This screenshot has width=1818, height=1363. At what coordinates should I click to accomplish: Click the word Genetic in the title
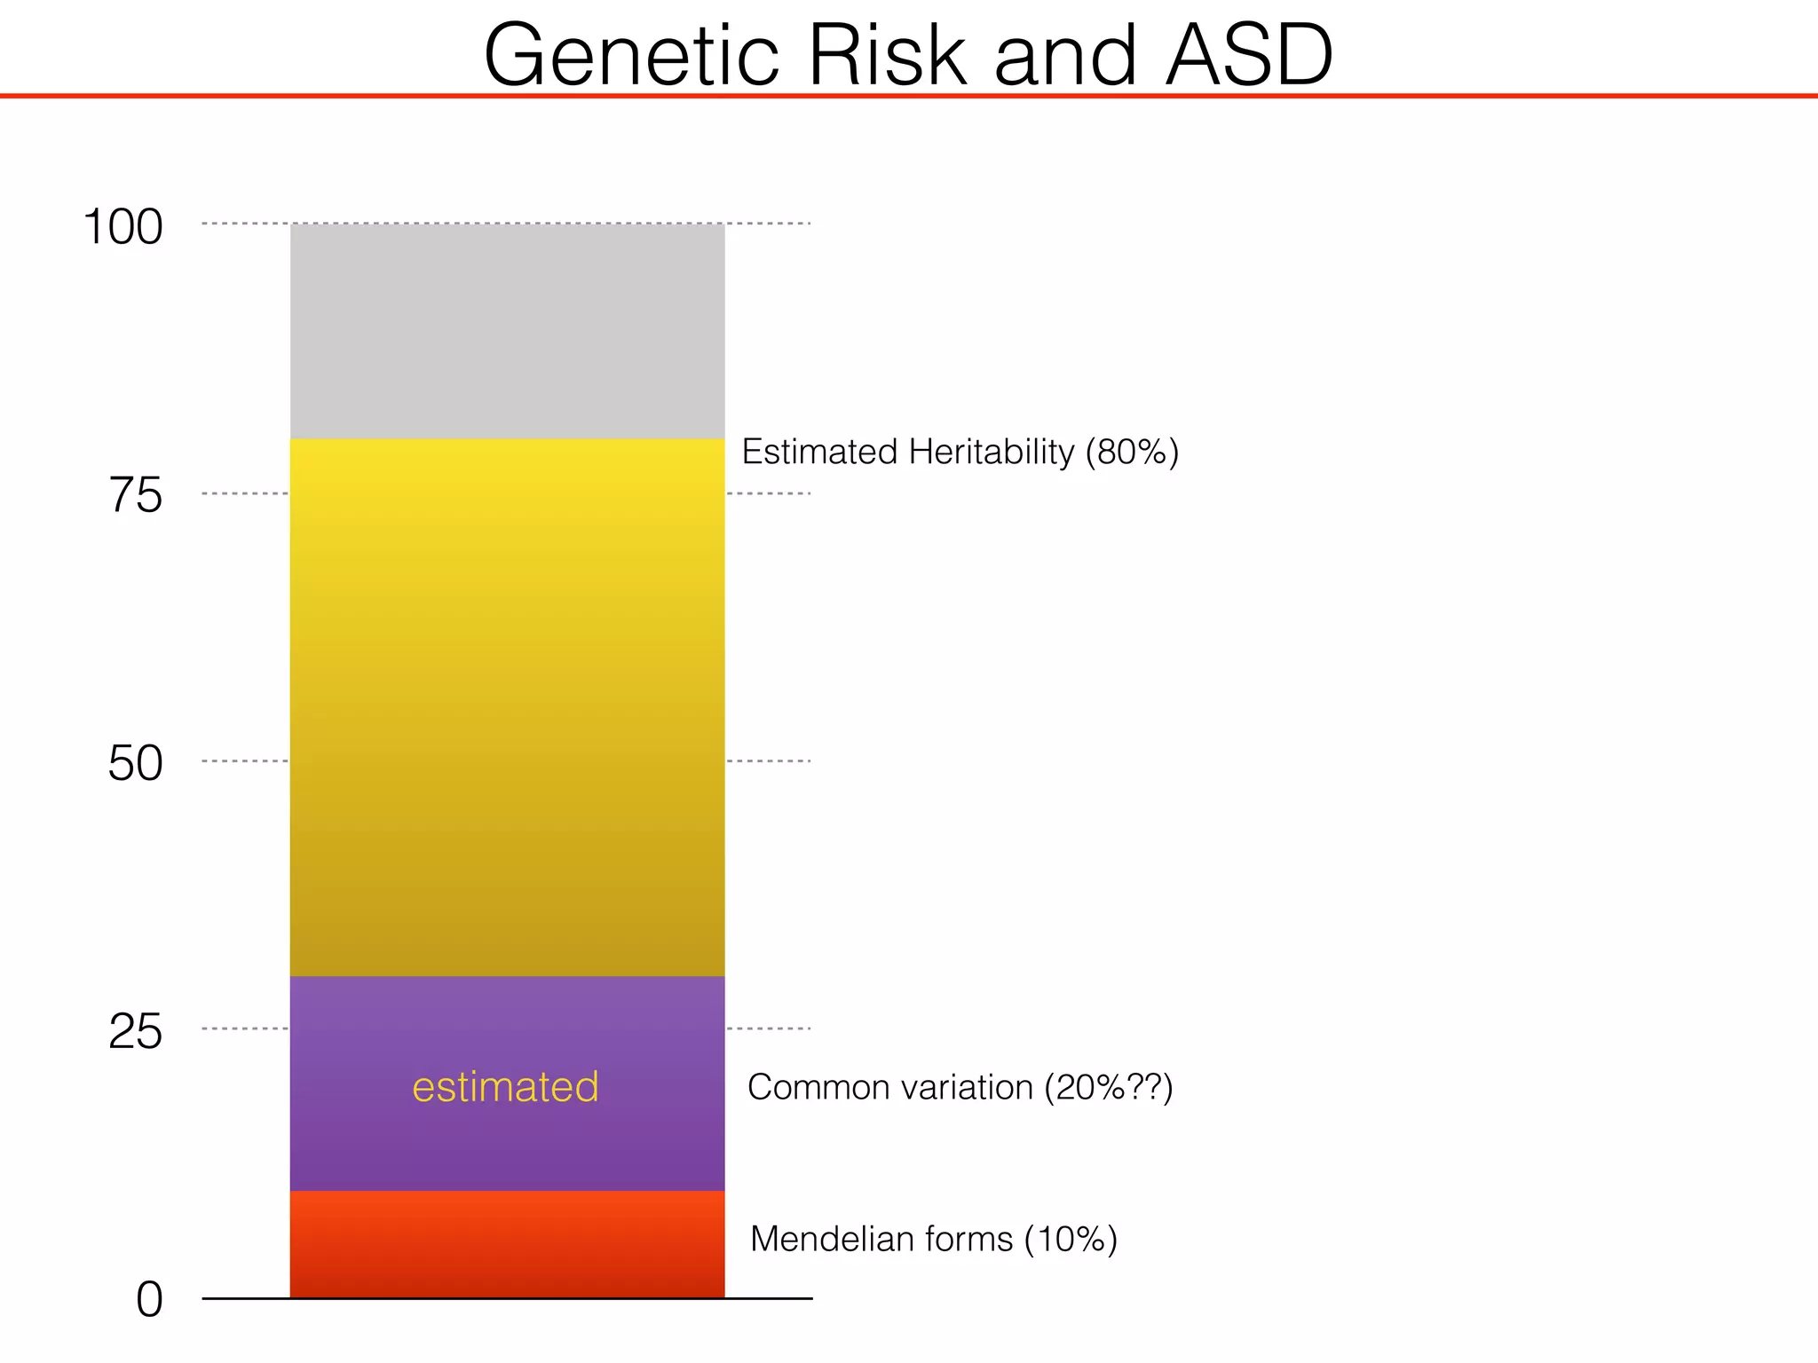(631, 55)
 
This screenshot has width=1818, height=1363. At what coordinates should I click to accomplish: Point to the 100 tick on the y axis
(123, 227)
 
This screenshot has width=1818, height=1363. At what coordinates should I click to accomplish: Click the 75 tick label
(136, 495)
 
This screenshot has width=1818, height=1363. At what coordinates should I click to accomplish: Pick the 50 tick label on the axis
(136, 763)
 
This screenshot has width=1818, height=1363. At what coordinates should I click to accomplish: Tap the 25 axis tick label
(136, 1032)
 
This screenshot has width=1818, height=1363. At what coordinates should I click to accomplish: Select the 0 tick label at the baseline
(149, 1301)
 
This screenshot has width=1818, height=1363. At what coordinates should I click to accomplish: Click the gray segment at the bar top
(507, 331)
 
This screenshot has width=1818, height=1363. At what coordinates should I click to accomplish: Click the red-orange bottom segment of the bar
(507, 1244)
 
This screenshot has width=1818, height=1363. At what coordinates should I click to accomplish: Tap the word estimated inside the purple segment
(505, 1087)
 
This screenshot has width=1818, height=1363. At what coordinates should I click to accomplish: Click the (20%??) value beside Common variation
(1108, 1087)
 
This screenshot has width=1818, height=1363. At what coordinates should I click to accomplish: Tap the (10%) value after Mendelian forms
(1070, 1239)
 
